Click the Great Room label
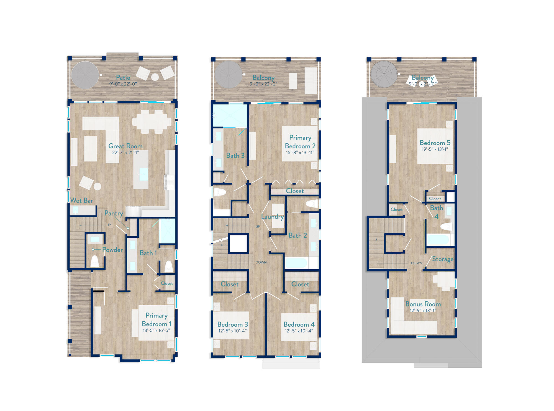tap(125, 146)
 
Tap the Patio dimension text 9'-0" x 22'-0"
tap(123, 84)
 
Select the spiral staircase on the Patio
tap(85, 75)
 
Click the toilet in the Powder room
tap(95, 261)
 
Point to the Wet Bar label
tap(82, 200)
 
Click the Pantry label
tap(114, 213)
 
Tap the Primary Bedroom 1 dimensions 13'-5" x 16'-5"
tap(156, 330)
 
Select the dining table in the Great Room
tap(152, 121)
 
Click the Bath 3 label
tap(235, 156)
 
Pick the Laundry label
tap(272, 217)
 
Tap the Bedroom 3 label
tap(232, 324)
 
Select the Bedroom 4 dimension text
tap(299, 331)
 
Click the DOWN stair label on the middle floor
tap(261, 262)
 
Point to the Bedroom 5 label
tap(435, 143)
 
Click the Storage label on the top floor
tap(443, 259)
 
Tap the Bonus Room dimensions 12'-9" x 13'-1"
tap(423, 310)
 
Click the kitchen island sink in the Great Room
tap(143, 174)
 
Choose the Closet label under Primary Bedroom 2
tap(295, 191)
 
